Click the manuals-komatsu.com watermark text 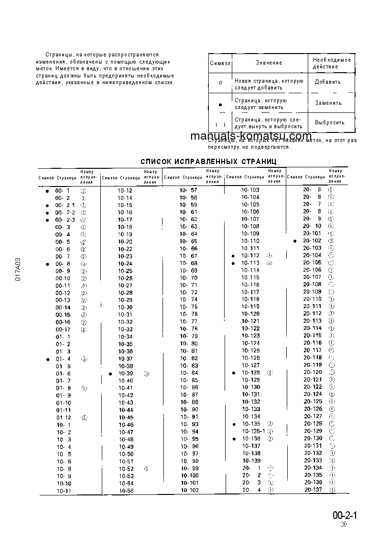click(250, 136)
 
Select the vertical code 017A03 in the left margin click(18, 271)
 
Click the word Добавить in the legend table click(327, 82)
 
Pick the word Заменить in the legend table click(328, 103)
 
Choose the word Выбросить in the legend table click(329, 122)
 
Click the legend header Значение click(269, 63)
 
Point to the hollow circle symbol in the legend click(220, 82)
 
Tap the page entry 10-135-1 click(253, 431)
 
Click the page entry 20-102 click(312, 241)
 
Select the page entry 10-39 click(126, 373)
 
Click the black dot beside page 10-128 click(233, 373)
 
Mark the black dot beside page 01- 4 click(47, 359)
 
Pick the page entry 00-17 click(63, 329)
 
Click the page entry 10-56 click(126, 490)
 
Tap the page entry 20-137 click(313, 490)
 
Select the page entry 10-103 click(250, 190)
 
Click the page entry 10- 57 click(188, 190)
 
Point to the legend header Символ click(220, 63)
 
